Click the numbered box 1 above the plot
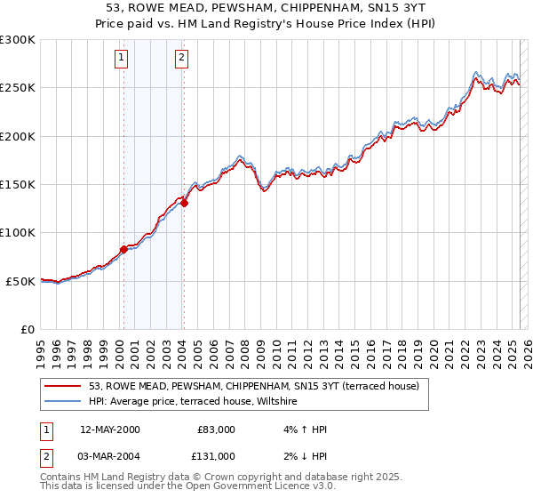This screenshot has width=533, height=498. (121, 59)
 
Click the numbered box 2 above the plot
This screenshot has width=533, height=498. (181, 59)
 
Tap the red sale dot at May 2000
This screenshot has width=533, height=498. (124, 249)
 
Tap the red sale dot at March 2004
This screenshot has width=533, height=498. (184, 203)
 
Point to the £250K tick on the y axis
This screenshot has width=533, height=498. (20, 88)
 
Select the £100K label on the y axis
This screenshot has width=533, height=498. (20, 233)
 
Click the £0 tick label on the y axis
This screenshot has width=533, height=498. (28, 329)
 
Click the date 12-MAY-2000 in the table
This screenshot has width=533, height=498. (109, 430)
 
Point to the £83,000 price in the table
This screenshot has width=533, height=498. (214, 430)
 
